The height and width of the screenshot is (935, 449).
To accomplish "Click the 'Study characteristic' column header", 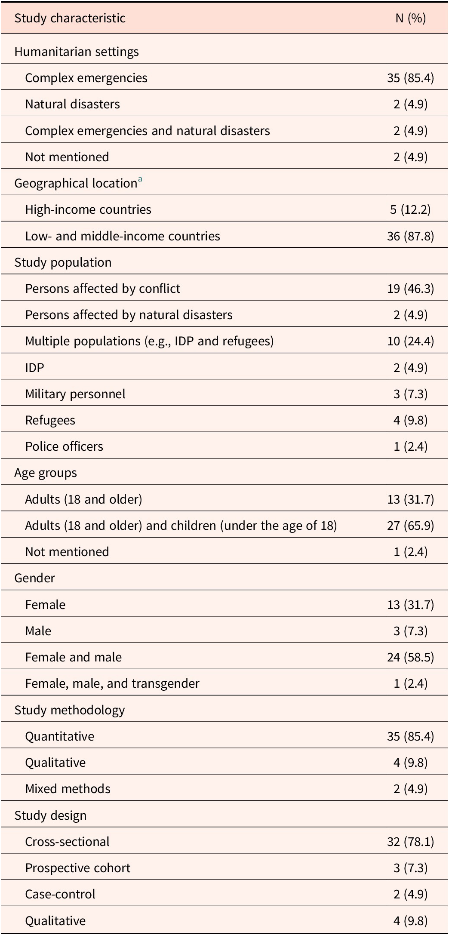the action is tap(70, 18).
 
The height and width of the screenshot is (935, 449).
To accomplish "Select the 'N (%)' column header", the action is tap(410, 18).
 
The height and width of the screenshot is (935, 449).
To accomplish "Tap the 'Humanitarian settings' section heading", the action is tap(77, 52).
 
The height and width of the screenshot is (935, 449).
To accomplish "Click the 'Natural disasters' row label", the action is tap(72, 104).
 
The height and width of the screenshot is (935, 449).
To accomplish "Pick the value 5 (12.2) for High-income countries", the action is tap(410, 209).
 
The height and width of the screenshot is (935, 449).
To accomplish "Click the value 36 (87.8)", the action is tap(410, 236).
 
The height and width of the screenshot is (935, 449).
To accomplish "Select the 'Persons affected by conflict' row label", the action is tap(103, 289).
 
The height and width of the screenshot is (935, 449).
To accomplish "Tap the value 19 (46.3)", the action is tap(410, 289).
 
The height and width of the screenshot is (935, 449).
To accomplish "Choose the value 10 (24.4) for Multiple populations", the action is tap(410, 341).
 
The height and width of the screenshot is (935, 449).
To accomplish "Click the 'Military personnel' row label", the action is tap(75, 394).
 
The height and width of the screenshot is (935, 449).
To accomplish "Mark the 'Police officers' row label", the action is tap(64, 446).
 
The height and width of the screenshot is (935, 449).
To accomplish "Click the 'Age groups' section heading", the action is tap(46, 473).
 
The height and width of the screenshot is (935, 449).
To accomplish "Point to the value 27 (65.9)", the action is tap(410, 526).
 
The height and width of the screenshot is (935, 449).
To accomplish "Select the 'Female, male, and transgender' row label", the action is tap(112, 683).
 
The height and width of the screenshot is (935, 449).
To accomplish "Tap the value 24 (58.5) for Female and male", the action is tap(410, 657).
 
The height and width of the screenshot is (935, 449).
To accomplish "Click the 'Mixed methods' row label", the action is tap(68, 789).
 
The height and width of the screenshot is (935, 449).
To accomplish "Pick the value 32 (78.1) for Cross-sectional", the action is tap(410, 842).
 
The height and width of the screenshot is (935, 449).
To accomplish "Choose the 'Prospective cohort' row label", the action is tap(78, 868).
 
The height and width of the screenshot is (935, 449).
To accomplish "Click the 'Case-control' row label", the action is tap(60, 894).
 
